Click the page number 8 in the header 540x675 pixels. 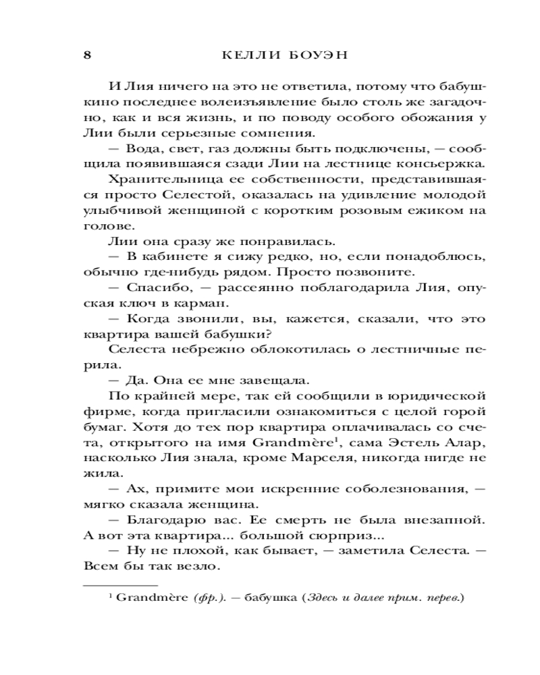(x=86, y=55)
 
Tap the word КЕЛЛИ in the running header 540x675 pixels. (x=247, y=55)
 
